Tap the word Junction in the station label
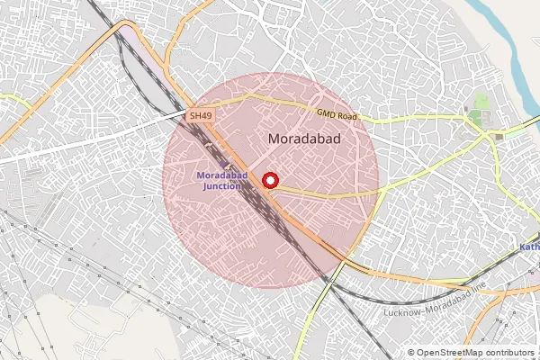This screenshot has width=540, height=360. point(221,186)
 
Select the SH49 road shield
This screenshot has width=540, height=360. point(200,116)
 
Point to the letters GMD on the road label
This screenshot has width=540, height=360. point(327,113)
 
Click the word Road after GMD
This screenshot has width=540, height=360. point(347,116)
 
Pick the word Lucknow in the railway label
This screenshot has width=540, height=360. point(402,311)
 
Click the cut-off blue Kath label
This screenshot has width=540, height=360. point(530,247)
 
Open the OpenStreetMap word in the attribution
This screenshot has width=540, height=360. point(447,353)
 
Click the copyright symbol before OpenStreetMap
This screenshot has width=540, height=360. point(411,353)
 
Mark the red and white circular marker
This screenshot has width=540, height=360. point(270,181)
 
